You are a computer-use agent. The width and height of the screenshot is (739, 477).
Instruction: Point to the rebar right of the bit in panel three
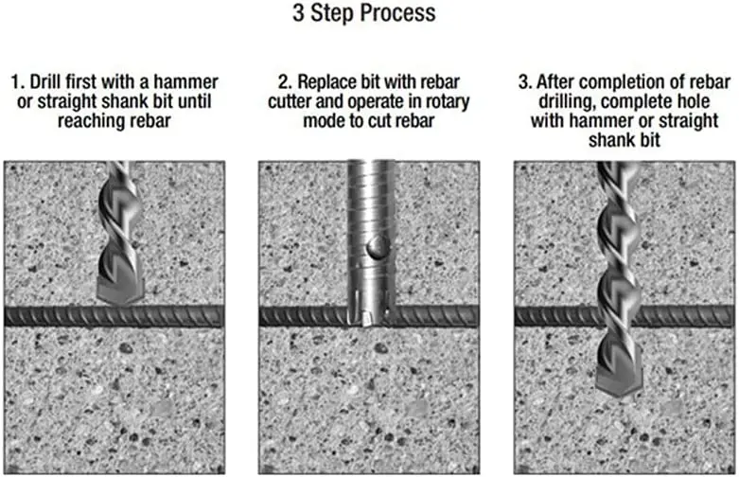686,316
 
